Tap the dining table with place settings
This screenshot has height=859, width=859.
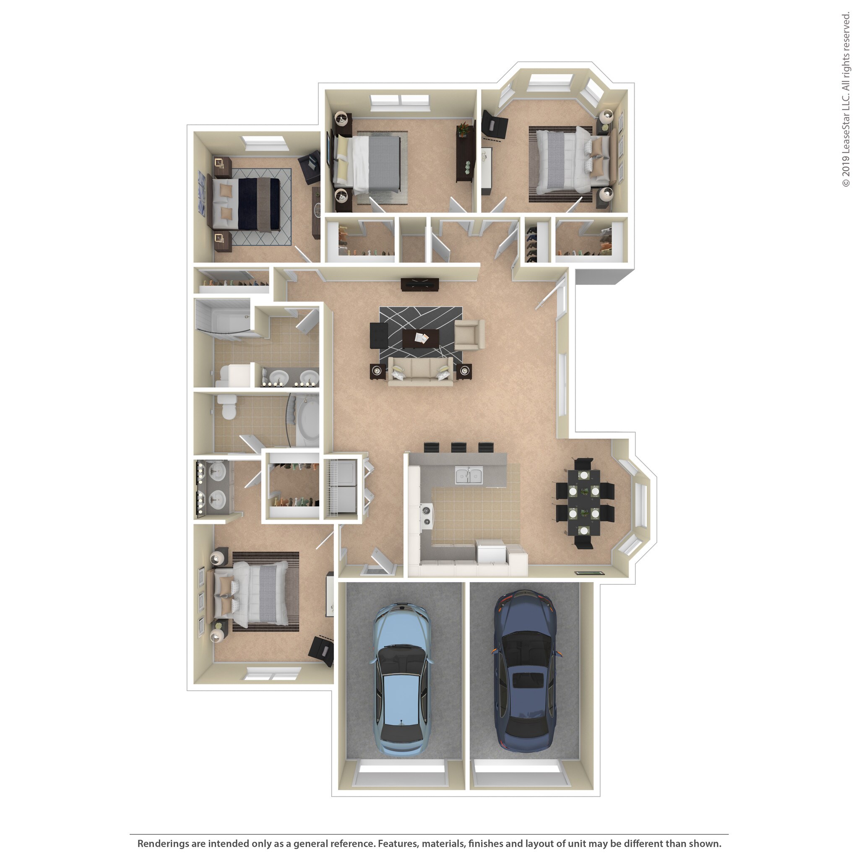tap(584, 503)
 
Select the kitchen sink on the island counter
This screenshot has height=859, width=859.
tap(469, 475)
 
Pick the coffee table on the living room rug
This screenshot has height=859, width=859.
tap(420, 338)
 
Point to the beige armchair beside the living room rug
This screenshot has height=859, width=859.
tap(469, 335)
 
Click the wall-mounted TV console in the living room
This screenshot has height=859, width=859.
tap(420, 284)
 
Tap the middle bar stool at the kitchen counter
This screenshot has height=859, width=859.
tap(458, 447)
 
